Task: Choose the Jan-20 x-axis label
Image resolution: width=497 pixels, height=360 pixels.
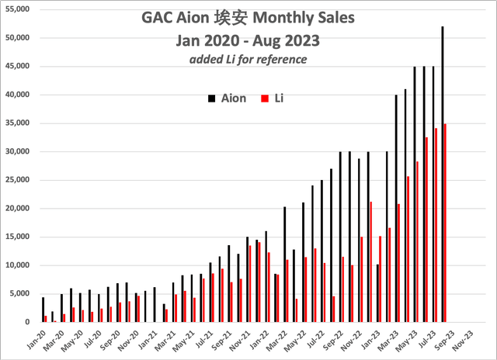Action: (36, 339)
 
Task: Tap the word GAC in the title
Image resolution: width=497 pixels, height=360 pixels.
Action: (159, 17)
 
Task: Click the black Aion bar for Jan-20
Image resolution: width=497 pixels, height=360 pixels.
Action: (43, 310)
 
